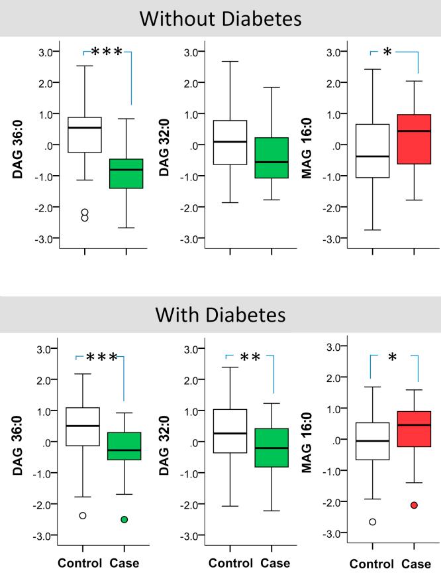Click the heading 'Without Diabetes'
click(220, 19)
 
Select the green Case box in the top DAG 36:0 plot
click(125, 174)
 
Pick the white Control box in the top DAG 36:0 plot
click(84, 135)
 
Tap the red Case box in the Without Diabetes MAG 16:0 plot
click(415, 139)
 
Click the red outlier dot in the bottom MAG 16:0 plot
click(414, 505)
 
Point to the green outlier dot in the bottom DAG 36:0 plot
click(125, 519)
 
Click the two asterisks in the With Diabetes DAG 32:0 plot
click(250, 358)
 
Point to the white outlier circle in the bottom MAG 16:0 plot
click(373, 522)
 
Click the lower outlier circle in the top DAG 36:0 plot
click(85, 218)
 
